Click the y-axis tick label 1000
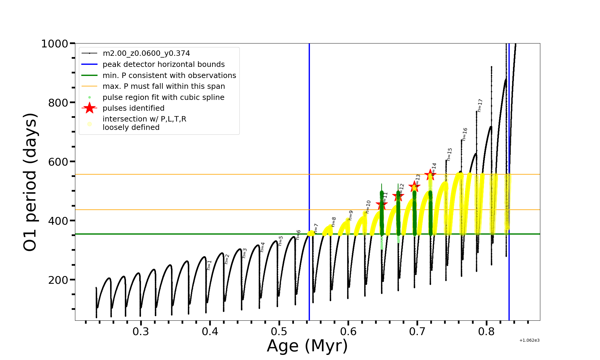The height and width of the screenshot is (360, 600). tap(55, 44)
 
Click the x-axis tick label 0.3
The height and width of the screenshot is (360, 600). tap(141, 331)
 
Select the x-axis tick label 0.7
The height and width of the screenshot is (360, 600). tap(417, 331)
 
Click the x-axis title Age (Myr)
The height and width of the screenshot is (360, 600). tap(307, 346)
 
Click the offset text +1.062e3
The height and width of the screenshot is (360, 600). tap(529, 340)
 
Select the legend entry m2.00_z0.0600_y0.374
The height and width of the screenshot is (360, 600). tap(146, 53)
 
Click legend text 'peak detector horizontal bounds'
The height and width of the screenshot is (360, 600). tap(163, 64)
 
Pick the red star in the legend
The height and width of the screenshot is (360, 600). tap(89, 108)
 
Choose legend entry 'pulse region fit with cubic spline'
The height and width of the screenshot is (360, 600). tap(163, 97)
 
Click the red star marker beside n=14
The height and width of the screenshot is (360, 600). tap(430, 174)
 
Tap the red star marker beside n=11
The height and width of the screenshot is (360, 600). tap(382, 205)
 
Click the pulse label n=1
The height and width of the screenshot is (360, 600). tap(209, 265)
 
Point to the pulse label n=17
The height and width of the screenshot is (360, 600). tap(480, 105)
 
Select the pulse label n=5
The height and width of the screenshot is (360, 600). tap(280, 241)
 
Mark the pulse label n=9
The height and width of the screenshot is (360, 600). tap(351, 215)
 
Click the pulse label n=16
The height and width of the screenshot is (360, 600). tap(465, 134)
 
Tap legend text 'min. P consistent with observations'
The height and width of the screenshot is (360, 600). tap(169, 76)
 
